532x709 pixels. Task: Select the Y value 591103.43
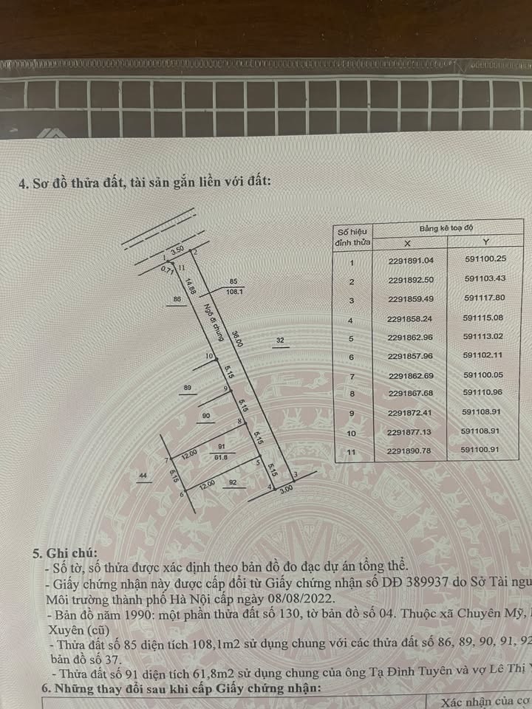(x=485, y=281)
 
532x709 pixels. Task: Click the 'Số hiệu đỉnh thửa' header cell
(x=352, y=236)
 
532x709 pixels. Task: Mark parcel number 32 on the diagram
(x=281, y=340)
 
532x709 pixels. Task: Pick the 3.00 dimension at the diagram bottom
(x=286, y=488)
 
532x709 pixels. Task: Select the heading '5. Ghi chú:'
(x=64, y=552)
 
